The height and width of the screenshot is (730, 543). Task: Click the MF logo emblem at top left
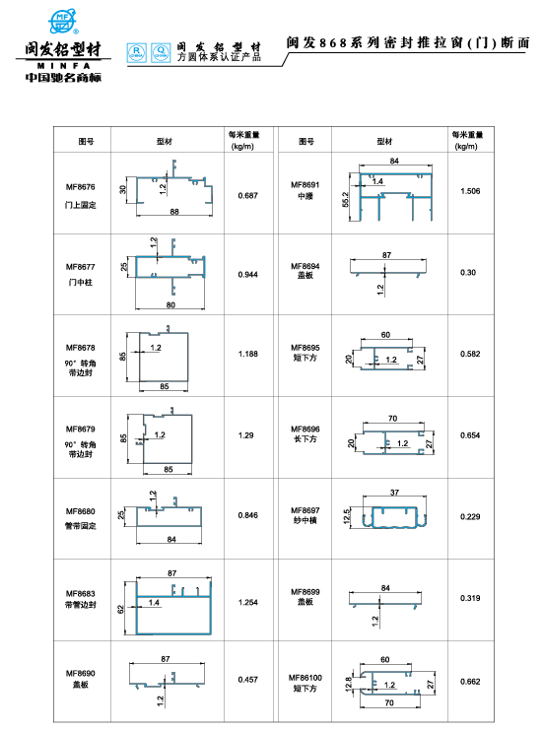click(x=63, y=22)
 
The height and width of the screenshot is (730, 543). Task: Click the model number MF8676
click(x=80, y=187)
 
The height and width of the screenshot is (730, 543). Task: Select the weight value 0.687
click(x=247, y=195)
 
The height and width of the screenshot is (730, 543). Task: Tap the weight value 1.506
click(x=470, y=191)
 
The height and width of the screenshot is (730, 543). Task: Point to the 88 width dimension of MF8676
click(x=174, y=212)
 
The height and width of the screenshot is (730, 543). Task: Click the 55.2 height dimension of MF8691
click(x=346, y=200)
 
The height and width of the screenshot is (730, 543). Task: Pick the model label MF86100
click(x=305, y=678)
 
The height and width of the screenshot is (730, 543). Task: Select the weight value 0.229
click(x=470, y=517)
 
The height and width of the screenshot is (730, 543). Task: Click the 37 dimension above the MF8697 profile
click(x=394, y=493)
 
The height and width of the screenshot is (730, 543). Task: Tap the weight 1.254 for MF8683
click(x=247, y=603)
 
